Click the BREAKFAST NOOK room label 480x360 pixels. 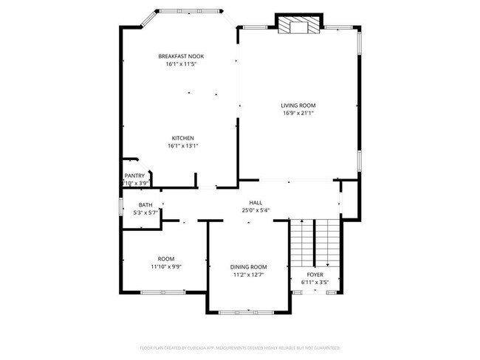coord(181,56)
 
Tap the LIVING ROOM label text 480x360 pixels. coord(298,105)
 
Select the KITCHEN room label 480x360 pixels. coord(182,138)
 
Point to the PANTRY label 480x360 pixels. coord(134,176)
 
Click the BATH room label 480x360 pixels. coord(145,205)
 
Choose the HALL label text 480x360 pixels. coord(256,202)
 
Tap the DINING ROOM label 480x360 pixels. coord(248,266)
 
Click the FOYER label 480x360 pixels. coord(315,274)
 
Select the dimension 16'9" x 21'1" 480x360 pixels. coord(298,114)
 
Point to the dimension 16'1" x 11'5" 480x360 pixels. coord(181,64)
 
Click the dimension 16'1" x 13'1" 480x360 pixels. coord(182,146)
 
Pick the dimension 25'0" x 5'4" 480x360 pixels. coord(256,210)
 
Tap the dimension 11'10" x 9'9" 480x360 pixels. coord(165,266)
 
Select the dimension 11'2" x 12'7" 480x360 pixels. coord(248,274)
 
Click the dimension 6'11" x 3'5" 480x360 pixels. coord(315,282)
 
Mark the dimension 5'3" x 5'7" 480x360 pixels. coord(145,212)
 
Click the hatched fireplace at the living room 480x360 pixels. coord(298,26)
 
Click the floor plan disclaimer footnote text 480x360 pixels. coord(239,347)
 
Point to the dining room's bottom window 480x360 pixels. coord(248,313)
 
